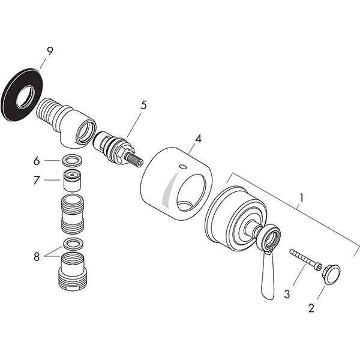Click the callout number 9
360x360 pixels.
tap(50, 51)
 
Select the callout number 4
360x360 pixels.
tap(198, 139)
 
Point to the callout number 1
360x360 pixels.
tap(302, 198)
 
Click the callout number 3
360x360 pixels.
tap(287, 294)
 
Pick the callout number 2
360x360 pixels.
tap(311, 308)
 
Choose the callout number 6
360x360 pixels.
tap(37, 161)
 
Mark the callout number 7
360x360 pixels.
tap(37, 180)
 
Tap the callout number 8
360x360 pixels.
tap(37, 257)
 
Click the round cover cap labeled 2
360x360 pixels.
tap(332, 275)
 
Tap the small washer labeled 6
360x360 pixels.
tap(65, 160)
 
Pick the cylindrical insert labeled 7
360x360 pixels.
tap(72, 181)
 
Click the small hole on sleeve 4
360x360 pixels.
tap(183, 166)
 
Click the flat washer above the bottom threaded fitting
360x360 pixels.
tap(65, 244)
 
